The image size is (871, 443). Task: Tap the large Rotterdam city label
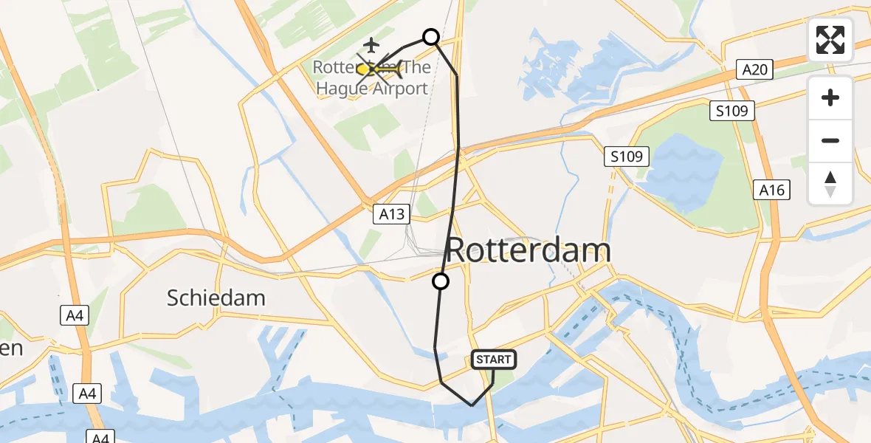[529, 251]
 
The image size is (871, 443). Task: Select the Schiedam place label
[216, 298]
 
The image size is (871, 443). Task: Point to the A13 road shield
[391, 214]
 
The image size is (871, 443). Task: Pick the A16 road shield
[773, 190]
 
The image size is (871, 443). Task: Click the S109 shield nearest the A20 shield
[732, 111]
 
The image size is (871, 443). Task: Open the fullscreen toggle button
[830, 40]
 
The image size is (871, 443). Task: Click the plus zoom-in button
[830, 97]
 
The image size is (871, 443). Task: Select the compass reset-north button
[830, 184]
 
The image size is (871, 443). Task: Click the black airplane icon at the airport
[371, 46]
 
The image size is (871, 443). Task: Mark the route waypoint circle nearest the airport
[430, 36]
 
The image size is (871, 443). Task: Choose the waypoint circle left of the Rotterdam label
[441, 281]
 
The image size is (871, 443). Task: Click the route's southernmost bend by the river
[472, 405]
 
